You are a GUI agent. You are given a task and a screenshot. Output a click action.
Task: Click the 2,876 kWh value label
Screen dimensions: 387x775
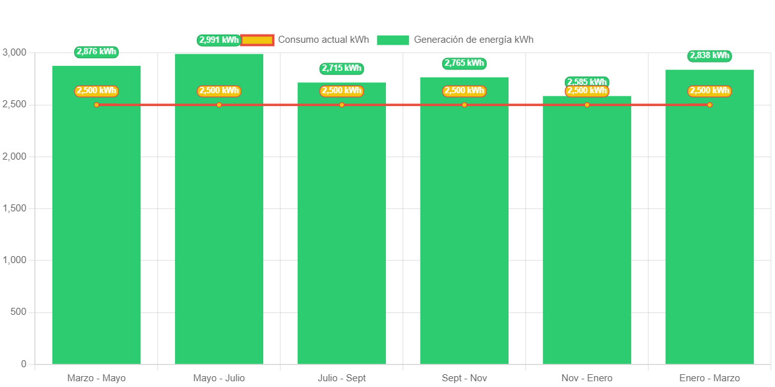coord(96,52)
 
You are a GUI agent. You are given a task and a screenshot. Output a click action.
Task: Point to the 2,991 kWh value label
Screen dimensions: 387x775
coord(219,40)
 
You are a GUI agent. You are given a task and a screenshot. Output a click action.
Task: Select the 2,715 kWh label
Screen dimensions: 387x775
coord(342,68)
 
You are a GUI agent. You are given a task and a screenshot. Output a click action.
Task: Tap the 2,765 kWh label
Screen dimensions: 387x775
coord(464,63)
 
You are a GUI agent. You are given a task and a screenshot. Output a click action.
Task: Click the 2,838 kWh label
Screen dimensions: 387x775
coord(709,56)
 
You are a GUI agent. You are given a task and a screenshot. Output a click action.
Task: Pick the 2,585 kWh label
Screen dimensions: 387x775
coord(587,82)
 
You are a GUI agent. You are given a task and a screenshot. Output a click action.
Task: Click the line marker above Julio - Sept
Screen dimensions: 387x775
coord(342,105)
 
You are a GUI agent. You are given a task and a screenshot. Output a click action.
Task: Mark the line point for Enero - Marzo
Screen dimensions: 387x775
coord(709,105)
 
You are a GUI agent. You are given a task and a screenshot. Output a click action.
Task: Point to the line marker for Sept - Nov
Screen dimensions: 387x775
coord(464,105)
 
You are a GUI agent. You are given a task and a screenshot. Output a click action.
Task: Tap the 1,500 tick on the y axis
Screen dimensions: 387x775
coord(15,208)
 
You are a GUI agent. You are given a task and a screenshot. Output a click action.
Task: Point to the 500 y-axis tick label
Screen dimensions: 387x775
coord(19,312)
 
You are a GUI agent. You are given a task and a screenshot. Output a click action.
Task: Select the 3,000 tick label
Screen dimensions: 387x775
coord(15,52)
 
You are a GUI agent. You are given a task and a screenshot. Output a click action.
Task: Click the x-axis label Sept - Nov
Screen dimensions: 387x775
coord(464,378)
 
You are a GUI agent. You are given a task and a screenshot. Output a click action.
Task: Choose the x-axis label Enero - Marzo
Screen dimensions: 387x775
coord(709,378)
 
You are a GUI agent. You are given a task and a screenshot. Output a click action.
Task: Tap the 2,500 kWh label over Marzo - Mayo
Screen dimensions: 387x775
coord(96,91)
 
